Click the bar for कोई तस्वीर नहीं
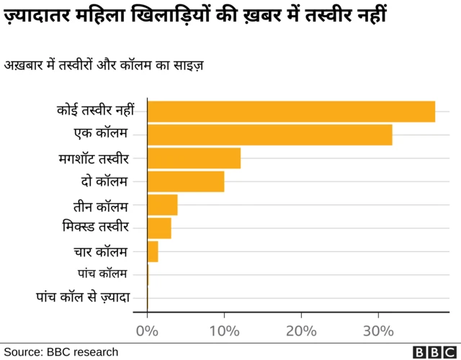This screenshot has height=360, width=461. [291, 112]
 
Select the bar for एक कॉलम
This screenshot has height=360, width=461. [269, 135]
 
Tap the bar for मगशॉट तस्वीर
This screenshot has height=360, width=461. [194, 158]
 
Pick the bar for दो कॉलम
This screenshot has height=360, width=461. [185, 181]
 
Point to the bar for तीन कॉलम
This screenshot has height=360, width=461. [162, 204]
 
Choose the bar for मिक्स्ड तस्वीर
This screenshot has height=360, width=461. [159, 228]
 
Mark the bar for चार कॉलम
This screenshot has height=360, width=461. [153, 251]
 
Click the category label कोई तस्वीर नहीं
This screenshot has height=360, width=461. [95, 111]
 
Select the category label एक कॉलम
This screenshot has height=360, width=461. [101, 134]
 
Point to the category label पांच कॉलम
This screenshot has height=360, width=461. [102, 274]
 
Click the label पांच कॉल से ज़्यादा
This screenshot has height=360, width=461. [83, 297]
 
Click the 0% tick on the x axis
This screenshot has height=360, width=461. [147, 331]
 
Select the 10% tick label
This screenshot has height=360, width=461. [224, 331]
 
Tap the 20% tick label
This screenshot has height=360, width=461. [301, 331]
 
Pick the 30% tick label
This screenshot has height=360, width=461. [377, 331]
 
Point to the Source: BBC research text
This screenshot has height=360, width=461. [61, 352]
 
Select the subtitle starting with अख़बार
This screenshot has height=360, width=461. [104, 66]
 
